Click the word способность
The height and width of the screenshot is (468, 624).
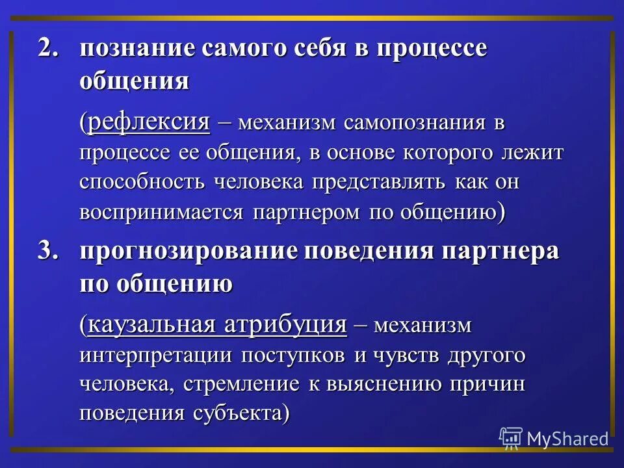click(x=142, y=181)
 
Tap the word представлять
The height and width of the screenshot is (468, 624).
click(x=378, y=181)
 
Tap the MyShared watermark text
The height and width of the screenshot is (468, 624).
click(x=567, y=439)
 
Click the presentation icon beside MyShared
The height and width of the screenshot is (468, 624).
click(x=511, y=439)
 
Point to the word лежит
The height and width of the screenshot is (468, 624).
click(x=538, y=152)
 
